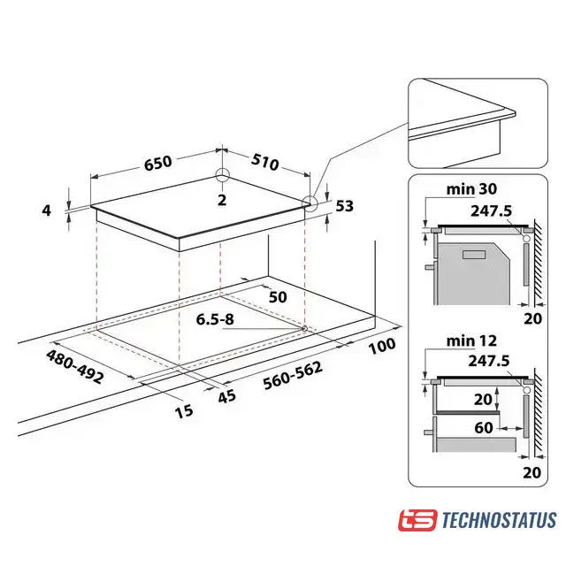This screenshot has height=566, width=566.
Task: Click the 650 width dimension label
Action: tap(158, 163)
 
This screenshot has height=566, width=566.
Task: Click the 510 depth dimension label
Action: tap(265, 162)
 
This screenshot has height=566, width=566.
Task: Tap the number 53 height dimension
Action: tap(344, 206)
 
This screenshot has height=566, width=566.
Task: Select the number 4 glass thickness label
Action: tap(47, 210)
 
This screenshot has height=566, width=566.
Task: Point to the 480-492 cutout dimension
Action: tap(74, 367)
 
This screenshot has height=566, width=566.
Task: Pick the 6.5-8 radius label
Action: tap(215, 319)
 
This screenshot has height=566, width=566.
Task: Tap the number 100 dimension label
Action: tap(382, 346)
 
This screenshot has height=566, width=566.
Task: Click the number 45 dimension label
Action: tap(227, 396)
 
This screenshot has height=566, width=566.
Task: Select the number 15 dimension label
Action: tap(184, 411)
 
